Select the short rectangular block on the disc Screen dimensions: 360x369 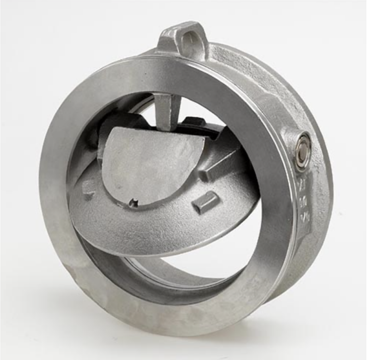206,202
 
